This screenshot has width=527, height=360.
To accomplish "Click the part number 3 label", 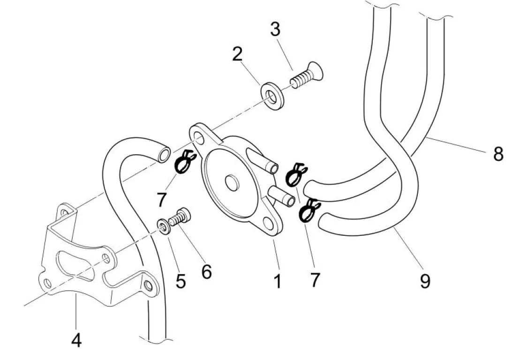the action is [x=275, y=30].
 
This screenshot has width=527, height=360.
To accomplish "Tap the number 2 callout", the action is [x=237, y=54].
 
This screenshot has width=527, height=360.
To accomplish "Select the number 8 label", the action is [x=498, y=154].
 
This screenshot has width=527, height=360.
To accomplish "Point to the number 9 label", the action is [x=425, y=281].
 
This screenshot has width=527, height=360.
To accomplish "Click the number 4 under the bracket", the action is [x=76, y=340].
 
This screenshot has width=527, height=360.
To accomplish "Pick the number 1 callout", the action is [x=278, y=281].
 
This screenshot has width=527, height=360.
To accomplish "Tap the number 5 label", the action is [x=181, y=281].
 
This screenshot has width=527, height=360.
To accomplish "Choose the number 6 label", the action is [x=206, y=271].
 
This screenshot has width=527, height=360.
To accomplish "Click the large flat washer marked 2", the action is [x=272, y=96].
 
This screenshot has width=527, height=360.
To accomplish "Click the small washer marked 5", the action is [x=164, y=226].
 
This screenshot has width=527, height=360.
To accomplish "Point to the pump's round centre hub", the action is [x=232, y=182].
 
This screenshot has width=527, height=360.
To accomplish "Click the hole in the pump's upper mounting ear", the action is [x=199, y=138].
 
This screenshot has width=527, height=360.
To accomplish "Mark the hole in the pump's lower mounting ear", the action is [x=269, y=223].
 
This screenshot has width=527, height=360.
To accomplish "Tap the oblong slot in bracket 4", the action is [x=75, y=265].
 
